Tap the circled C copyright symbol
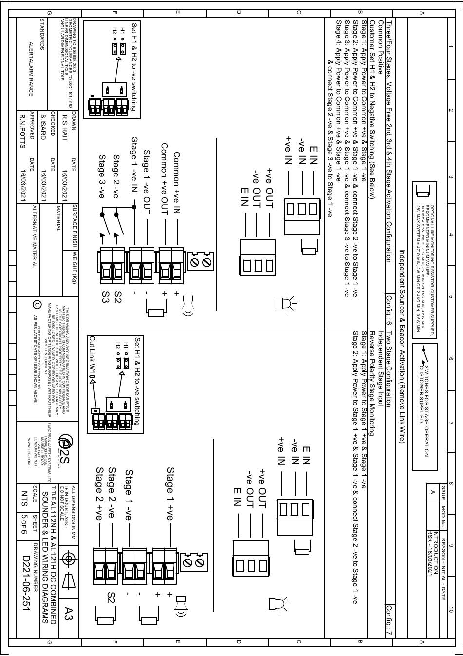(37, 305)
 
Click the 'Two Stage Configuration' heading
(389, 370)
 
